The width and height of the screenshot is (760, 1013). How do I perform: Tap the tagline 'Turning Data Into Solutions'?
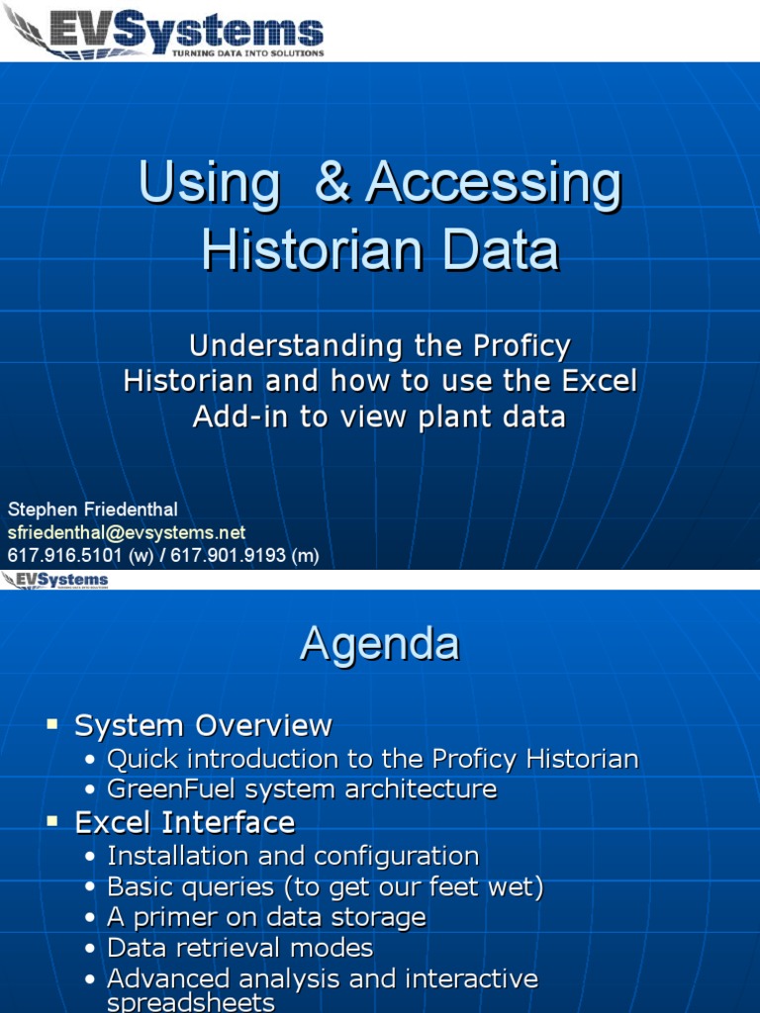click(247, 53)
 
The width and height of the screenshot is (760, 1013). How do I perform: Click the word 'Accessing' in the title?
click(494, 185)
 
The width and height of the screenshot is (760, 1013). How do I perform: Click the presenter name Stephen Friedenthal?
click(93, 510)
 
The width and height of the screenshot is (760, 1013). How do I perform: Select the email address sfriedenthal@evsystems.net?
click(127, 533)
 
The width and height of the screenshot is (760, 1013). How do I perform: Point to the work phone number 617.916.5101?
click(61, 556)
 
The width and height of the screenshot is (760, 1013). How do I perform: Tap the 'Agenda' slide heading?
click(380, 644)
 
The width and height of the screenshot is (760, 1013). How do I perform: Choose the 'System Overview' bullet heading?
click(203, 726)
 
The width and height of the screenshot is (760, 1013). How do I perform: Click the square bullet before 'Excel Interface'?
click(53, 822)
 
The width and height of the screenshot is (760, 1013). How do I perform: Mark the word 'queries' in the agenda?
click(232, 887)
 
